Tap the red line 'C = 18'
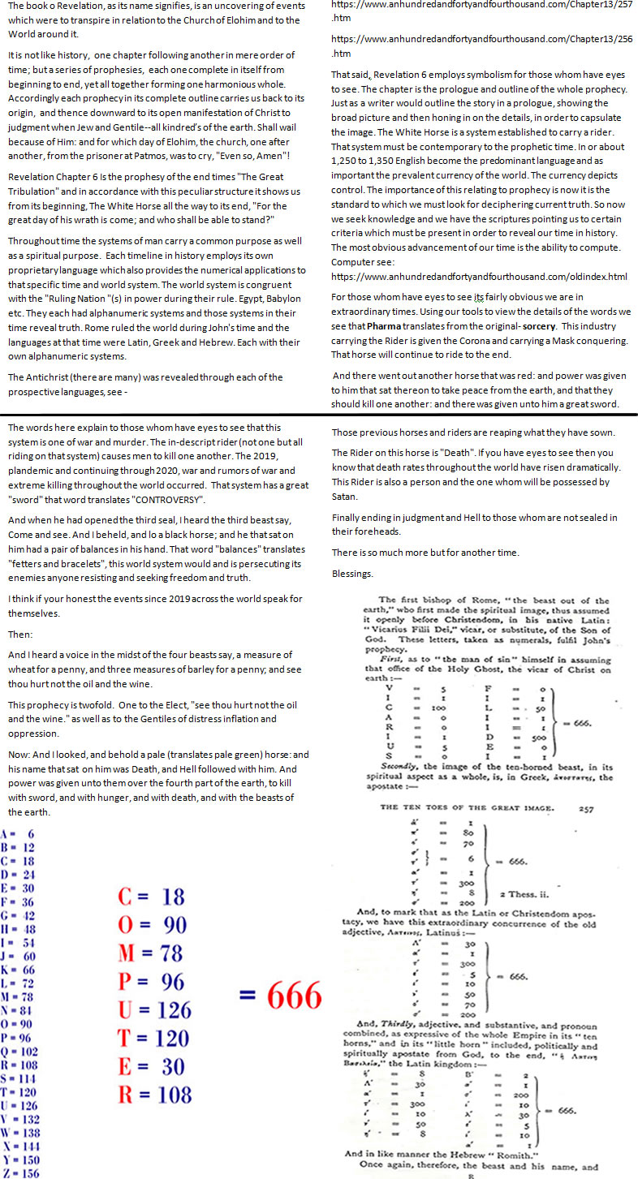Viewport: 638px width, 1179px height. coord(152,896)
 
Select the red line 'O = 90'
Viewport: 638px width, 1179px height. coord(152,924)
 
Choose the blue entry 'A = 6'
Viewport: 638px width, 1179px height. coord(17,833)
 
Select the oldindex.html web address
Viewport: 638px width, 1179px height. coord(479,276)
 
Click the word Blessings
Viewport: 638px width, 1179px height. coord(352,573)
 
